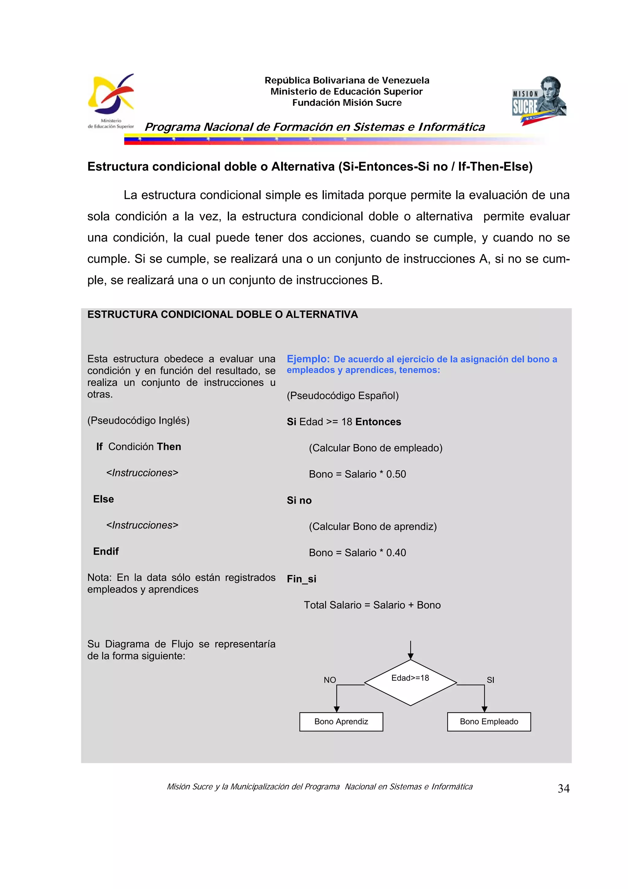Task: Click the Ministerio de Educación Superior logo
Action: [111, 101]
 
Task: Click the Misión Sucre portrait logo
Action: [539, 100]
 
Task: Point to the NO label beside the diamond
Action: [330, 680]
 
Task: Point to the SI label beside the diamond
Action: [490, 680]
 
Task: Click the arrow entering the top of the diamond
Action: [411, 650]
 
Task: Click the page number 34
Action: [563, 788]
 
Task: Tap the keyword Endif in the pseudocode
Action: [105, 551]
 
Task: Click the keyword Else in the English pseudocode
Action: [103, 499]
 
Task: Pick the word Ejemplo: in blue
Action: [308, 359]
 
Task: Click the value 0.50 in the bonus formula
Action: [396, 474]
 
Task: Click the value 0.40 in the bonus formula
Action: [396, 553]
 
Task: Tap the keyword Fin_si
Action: [301, 579]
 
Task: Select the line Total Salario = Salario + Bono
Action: [372, 605]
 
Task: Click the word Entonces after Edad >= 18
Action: [378, 422]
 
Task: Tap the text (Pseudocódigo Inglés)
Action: [138, 421]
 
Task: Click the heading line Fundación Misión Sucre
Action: [347, 102]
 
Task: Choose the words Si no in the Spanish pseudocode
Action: [299, 501]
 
